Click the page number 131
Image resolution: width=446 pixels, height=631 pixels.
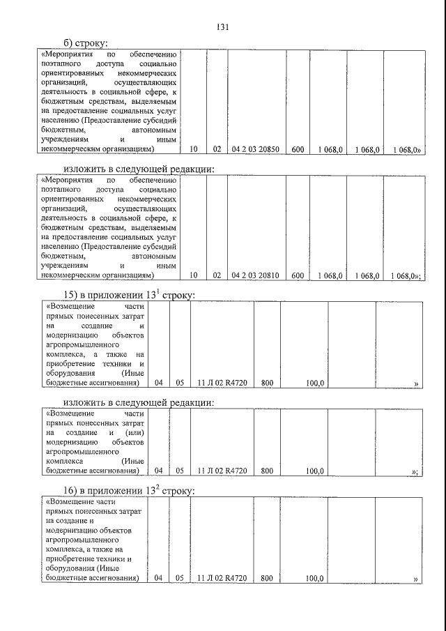point(222,27)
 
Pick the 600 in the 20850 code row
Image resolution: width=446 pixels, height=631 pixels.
point(298,149)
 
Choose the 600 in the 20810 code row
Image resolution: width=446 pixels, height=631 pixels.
point(298,275)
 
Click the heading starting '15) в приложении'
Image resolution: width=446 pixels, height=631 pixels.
point(128,295)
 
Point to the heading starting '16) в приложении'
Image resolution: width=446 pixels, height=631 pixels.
point(128,491)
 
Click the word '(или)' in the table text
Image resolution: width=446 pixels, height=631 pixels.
point(130,434)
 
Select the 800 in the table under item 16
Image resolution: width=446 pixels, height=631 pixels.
point(266,578)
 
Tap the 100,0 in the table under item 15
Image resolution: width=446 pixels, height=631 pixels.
point(314,383)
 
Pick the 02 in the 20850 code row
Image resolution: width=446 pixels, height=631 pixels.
point(217,149)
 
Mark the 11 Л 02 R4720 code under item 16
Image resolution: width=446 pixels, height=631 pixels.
point(222,578)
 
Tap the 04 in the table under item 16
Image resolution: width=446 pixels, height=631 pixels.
point(158,578)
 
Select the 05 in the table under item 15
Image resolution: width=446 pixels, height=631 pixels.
point(180,383)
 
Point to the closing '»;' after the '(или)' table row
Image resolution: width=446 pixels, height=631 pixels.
point(415,472)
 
